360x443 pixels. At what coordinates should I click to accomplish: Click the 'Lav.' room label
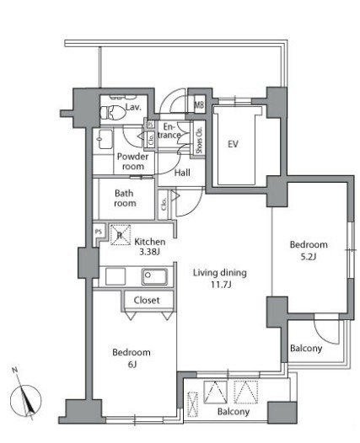tap(132, 108)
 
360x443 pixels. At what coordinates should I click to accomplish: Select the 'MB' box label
tap(200, 105)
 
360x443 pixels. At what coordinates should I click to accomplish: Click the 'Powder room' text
tap(132, 161)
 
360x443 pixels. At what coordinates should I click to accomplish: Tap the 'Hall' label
tap(182, 173)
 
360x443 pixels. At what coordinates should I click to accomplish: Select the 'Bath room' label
tap(126, 197)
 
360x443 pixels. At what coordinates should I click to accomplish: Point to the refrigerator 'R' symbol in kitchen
tap(119, 236)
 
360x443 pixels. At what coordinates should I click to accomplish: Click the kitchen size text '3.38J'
tap(150, 251)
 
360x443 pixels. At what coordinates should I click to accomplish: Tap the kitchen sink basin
tap(154, 275)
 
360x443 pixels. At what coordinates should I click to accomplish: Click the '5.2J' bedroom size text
tap(309, 257)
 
